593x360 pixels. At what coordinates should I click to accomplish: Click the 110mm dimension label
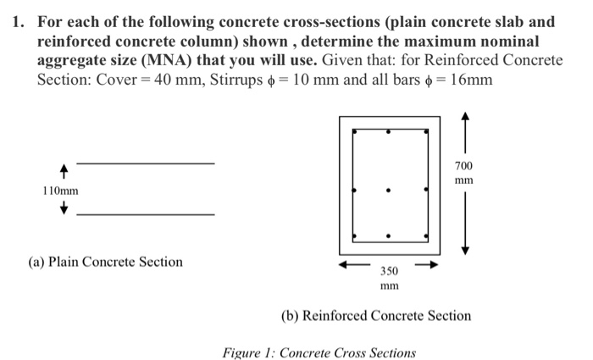pyautogui.click(x=60, y=191)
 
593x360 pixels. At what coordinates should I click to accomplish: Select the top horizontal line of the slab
pyautogui.click(x=145, y=162)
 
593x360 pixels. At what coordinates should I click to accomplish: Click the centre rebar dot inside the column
pyautogui.click(x=389, y=191)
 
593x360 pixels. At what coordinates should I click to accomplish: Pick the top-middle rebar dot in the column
pyautogui.click(x=389, y=132)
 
